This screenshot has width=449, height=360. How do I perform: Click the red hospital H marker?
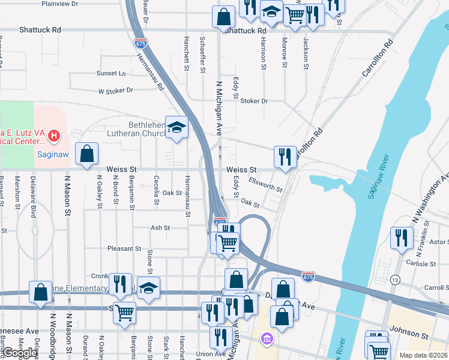[55, 136]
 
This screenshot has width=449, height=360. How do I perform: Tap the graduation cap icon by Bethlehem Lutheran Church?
[176, 128]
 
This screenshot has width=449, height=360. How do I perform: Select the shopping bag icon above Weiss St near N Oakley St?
[87, 154]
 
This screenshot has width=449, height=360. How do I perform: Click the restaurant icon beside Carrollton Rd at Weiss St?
[285, 157]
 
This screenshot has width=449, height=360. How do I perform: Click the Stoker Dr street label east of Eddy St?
[254, 101]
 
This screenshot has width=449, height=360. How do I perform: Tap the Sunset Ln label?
[112, 73]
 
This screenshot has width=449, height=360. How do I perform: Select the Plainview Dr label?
[60, 4]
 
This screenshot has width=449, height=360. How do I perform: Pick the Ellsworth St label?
[265, 184]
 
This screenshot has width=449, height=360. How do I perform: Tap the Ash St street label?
[160, 228]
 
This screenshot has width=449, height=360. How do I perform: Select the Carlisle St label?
[421, 263]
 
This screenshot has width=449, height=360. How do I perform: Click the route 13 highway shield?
[394, 280]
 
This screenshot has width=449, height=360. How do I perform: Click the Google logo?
[20, 353]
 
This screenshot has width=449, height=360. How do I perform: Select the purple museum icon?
[265, 340]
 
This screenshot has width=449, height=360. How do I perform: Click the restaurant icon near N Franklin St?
[400, 238]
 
